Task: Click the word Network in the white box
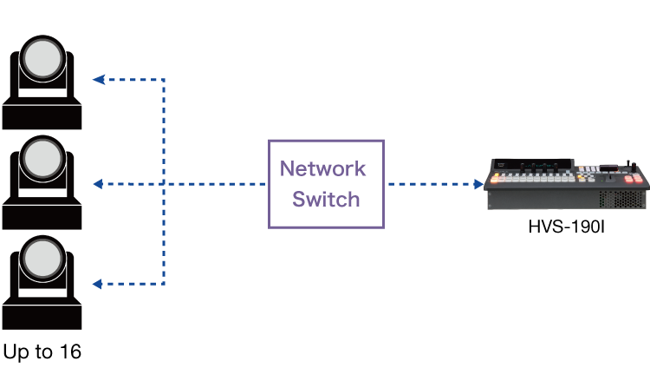tap(322, 168)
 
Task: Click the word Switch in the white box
tap(326, 200)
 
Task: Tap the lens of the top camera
tap(42, 59)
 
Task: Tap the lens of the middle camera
tap(42, 158)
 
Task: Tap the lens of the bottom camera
tap(42, 258)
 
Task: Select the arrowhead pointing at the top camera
tap(98, 79)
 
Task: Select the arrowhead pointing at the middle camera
tap(98, 184)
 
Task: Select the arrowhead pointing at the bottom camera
tap(98, 284)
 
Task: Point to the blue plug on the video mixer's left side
tap(479, 183)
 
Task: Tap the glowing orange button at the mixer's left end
tap(496, 180)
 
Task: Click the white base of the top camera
tap(42, 89)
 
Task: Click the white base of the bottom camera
tap(42, 287)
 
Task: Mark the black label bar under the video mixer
tap(589, 227)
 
